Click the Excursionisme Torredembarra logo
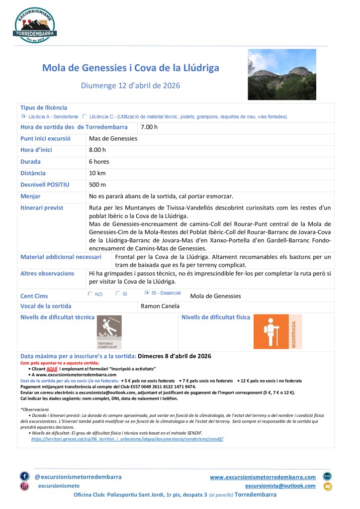tap(35, 24)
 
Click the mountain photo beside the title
tap(281, 74)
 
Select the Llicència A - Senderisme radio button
tap(24, 116)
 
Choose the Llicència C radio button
tap(85, 116)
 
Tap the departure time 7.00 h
tap(149, 127)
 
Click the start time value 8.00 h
tap(97, 150)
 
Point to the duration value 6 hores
tap(99, 162)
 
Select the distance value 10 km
tap(97, 173)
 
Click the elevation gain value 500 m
tap(97, 185)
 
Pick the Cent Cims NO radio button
tap(90, 294)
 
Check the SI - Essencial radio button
tap(147, 293)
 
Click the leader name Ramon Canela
tap(160, 306)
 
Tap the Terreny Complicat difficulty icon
tap(109, 332)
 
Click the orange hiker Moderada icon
tap(277, 332)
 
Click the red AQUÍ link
tap(52, 369)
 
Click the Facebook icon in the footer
tap(24, 476)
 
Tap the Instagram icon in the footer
tap(24, 486)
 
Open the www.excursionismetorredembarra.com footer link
tap(263, 477)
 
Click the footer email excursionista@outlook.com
tap(280, 486)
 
